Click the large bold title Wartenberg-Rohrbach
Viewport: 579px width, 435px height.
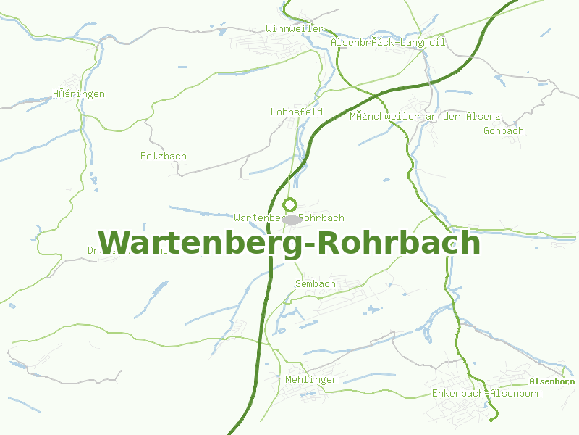click(x=289, y=243)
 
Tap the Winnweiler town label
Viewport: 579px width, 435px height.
click(x=295, y=28)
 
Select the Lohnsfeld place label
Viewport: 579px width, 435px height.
click(x=297, y=112)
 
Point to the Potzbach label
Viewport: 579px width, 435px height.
click(x=164, y=156)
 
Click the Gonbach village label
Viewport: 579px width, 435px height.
click(x=504, y=131)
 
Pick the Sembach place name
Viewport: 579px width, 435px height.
click(x=316, y=283)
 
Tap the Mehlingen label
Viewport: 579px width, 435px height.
click(x=312, y=380)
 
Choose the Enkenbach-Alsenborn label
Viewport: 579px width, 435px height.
click(x=486, y=394)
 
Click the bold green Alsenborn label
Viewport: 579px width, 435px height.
click(x=551, y=381)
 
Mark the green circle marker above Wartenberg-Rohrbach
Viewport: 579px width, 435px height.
click(x=290, y=204)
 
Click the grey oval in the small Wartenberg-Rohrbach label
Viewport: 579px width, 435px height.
click(x=292, y=219)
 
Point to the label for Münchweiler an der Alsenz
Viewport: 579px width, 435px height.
click(x=425, y=117)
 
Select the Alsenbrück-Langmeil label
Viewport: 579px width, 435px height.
click(x=389, y=43)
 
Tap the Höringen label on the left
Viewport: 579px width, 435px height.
click(x=79, y=94)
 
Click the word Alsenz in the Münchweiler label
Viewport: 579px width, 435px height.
click(x=483, y=117)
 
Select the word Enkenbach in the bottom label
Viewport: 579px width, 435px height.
click(x=457, y=394)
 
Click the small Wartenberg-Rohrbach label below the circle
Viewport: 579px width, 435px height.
click(x=289, y=217)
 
